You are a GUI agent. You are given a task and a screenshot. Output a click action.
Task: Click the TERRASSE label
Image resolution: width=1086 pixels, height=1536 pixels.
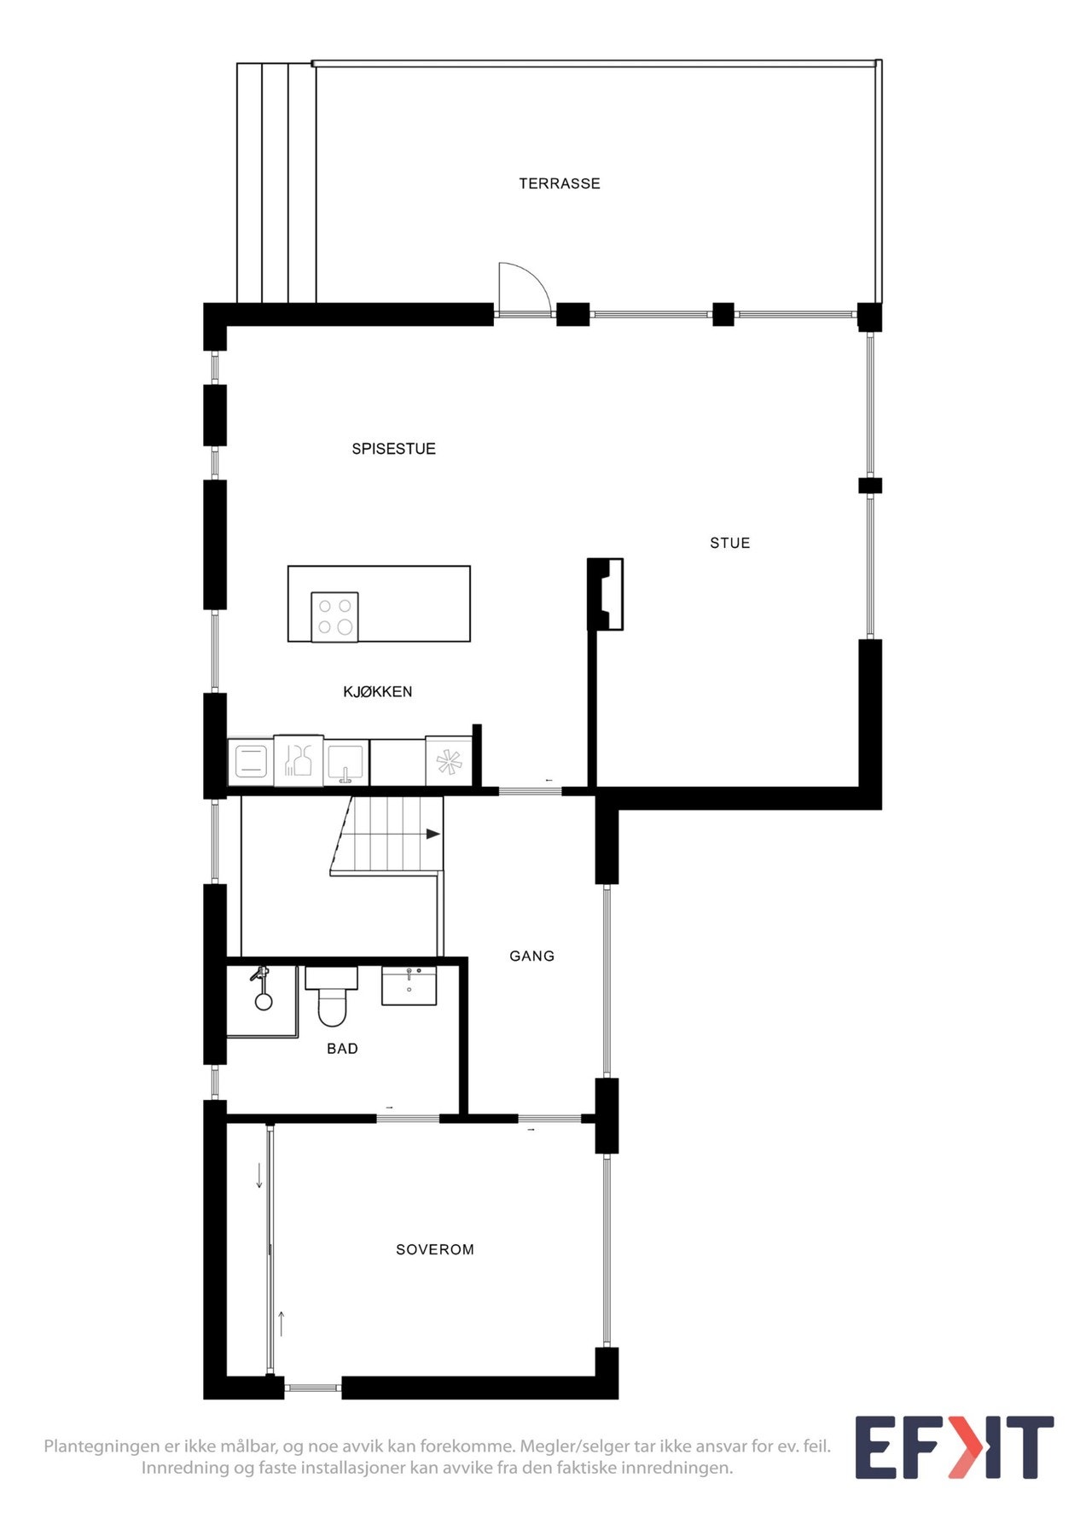[x=559, y=183]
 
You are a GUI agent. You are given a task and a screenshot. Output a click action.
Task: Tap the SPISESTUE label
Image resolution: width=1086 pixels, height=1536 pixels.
[x=393, y=449]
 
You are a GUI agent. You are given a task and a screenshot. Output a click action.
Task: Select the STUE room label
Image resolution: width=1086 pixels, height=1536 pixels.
[x=729, y=543]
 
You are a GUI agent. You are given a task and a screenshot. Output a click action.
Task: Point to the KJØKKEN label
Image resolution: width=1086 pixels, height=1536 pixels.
[x=377, y=692]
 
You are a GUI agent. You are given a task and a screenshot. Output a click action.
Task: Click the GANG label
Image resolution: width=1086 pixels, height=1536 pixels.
[x=531, y=957]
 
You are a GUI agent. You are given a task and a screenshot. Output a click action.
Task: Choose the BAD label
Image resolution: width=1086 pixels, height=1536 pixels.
[x=342, y=1049]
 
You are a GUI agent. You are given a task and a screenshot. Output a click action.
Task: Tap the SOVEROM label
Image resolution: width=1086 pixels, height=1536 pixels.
[x=434, y=1249]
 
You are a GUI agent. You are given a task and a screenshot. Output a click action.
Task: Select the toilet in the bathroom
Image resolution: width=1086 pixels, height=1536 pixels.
[x=332, y=998]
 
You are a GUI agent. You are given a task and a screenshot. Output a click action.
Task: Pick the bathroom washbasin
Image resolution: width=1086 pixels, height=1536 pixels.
[x=409, y=986]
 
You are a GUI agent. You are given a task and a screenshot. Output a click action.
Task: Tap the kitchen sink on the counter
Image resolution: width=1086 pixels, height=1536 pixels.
[x=346, y=761]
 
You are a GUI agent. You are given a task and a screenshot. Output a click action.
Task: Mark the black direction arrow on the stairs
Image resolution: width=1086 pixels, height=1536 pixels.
[x=433, y=834]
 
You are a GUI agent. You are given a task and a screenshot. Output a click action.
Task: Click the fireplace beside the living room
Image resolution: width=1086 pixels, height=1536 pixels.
[x=606, y=594]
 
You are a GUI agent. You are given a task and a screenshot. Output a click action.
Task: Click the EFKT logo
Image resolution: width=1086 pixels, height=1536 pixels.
[x=954, y=1447]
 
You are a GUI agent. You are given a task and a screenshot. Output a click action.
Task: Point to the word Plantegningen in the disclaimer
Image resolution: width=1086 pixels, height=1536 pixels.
[x=102, y=1446]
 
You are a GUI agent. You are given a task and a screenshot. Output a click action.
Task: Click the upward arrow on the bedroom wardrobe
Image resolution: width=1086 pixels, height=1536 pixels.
[x=281, y=1324]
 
